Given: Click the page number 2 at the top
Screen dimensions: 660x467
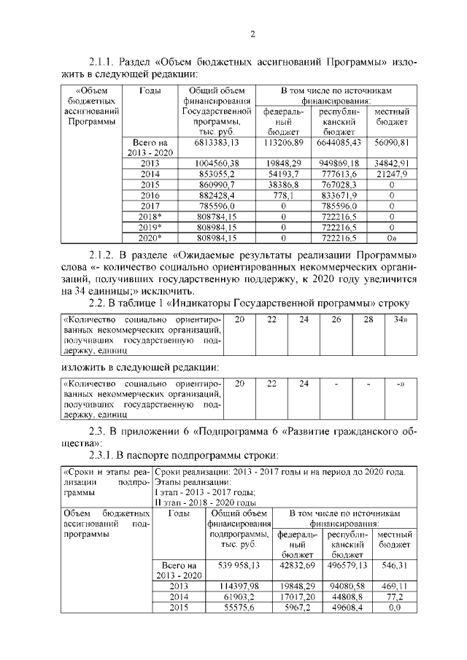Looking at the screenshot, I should pyautogui.click(x=252, y=33).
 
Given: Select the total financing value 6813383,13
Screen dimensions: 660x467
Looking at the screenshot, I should pyautogui.click(x=217, y=142).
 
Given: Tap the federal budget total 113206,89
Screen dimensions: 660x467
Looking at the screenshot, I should pyautogui.click(x=283, y=142).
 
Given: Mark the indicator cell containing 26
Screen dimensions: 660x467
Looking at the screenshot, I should pyautogui.click(x=336, y=321).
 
